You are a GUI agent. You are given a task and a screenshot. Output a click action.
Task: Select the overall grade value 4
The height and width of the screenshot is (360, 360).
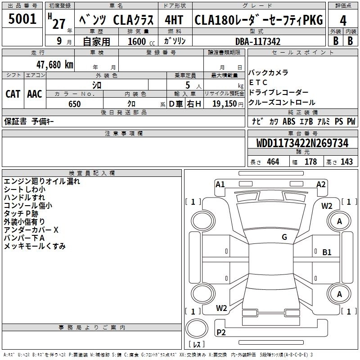[343, 20]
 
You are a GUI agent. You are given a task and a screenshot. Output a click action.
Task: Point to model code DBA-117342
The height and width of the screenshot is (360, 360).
[258, 41]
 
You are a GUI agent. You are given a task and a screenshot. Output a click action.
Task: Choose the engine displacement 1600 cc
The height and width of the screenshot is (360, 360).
[137, 41]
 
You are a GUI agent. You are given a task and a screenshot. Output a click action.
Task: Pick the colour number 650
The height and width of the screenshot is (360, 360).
[75, 104]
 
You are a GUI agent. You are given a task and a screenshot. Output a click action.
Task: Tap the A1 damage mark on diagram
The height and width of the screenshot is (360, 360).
[220, 184]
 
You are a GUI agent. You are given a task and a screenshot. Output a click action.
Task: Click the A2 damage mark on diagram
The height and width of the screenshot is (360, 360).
[321, 184]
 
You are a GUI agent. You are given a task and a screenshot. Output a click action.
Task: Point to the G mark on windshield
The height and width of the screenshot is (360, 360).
[284, 237]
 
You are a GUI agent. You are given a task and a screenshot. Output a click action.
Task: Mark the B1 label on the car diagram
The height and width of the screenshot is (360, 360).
[327, 252]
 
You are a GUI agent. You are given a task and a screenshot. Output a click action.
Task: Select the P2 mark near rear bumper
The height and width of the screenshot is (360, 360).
[221, 333]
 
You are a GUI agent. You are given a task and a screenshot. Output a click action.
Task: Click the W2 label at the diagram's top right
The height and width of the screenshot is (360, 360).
[327, 206]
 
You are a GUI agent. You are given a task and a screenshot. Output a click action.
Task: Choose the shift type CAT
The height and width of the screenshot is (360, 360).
[13, 94]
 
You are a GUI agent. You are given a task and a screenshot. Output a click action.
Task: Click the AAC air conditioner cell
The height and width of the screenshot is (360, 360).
[35, 94]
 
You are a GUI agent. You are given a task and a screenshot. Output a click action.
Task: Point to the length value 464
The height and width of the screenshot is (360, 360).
[273, 162]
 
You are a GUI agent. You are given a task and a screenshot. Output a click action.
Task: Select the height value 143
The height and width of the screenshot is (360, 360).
[346, 162]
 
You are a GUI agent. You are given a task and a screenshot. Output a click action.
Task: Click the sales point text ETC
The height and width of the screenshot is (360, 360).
[258, 82]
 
